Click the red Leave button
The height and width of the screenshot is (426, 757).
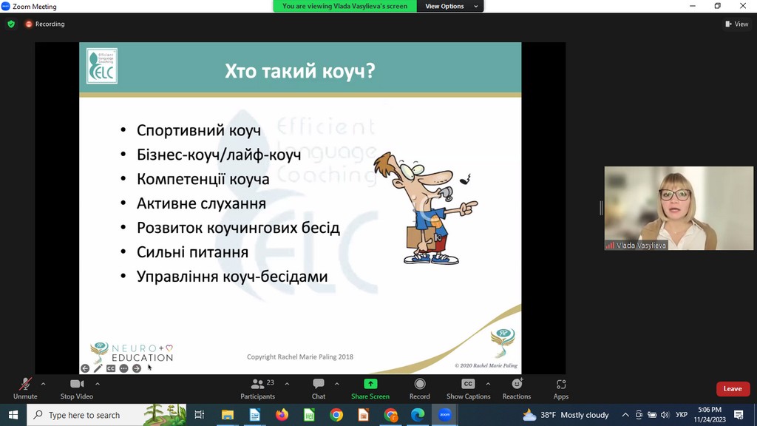coord(733,389)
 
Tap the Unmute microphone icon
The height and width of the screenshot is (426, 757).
coord(25,384)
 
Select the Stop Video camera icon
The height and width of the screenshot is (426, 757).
coord(77,384)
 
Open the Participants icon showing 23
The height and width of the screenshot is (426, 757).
coord(258,384)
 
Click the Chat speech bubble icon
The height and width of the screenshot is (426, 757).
coord(318,384)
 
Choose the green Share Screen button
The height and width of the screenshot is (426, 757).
coord(370,384)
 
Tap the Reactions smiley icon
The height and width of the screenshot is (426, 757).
coord(517,384)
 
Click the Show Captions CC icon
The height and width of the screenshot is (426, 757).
coord(468,384)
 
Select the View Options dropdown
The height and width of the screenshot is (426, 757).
coord(450,6)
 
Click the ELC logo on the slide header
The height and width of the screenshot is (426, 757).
coord(102,66)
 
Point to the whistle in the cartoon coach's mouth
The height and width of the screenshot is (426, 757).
coord(447,195)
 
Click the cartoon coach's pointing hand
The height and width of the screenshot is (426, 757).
coord(467,208)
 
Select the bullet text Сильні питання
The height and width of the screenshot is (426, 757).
coord(193,252)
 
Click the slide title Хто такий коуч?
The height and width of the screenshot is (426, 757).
coord(300,71)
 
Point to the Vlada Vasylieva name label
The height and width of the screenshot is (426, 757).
coord(641,246)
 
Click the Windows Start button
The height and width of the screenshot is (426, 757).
coord(13,415)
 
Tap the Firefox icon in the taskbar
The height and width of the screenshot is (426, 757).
coord(282,415)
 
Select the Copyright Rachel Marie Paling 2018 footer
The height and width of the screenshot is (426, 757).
coord(300,357)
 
